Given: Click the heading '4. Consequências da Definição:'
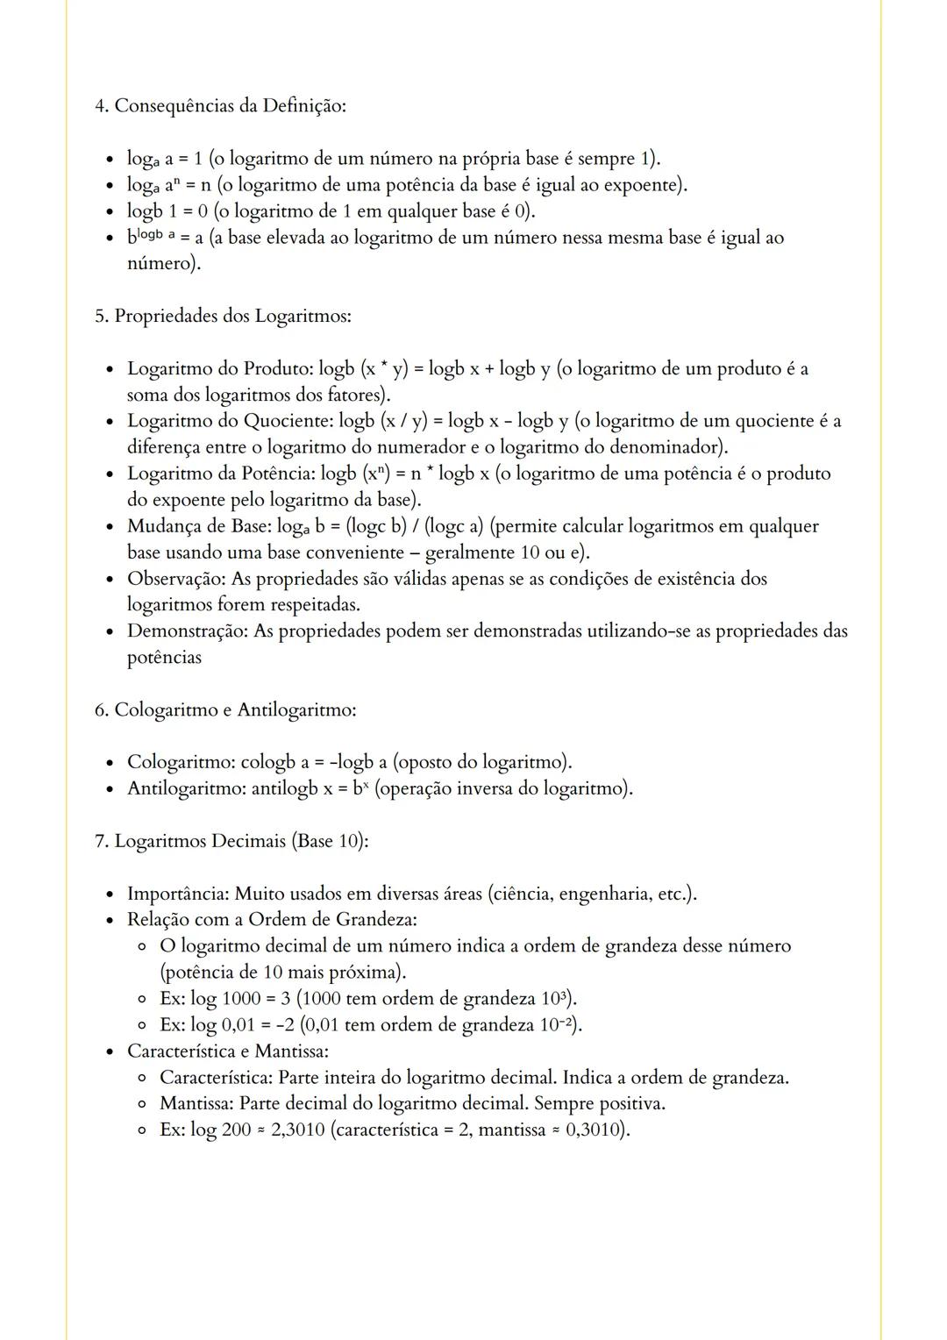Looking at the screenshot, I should (220, 106).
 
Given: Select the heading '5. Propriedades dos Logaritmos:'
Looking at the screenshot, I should (223, 316).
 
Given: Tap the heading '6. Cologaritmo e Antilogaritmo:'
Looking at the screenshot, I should (225, 709).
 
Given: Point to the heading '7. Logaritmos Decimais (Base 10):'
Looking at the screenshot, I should (231, 841).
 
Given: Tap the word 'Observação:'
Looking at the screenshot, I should (176, 579).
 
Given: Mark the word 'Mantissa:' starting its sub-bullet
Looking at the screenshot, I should (196, 1103).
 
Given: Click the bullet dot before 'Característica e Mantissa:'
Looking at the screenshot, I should (110, 1051).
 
